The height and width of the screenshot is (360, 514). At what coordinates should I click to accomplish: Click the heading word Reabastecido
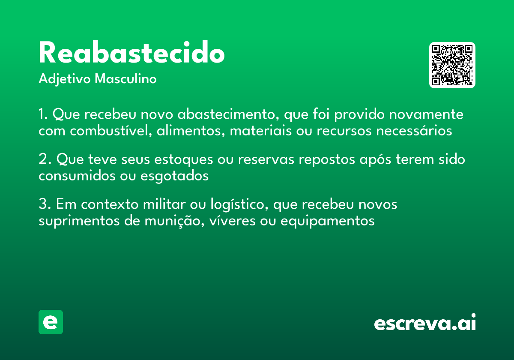131,53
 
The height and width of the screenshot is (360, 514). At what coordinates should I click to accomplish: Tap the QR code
452,65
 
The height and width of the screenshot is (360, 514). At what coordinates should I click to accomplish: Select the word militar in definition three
161,204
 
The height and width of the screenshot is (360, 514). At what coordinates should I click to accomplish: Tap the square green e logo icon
51,322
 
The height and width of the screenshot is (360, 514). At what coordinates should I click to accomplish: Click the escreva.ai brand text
425,323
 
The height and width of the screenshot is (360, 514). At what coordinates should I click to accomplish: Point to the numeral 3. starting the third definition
45,204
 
